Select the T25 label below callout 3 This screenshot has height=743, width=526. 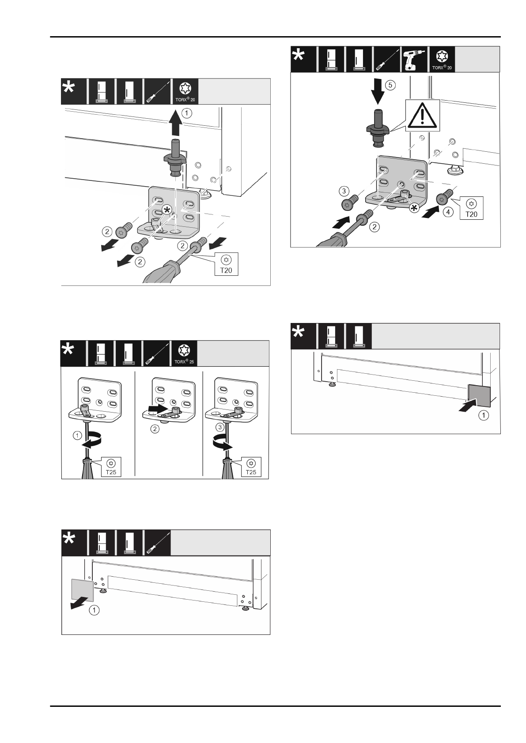coord(250,467)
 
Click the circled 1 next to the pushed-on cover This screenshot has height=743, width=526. coord(484,415)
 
